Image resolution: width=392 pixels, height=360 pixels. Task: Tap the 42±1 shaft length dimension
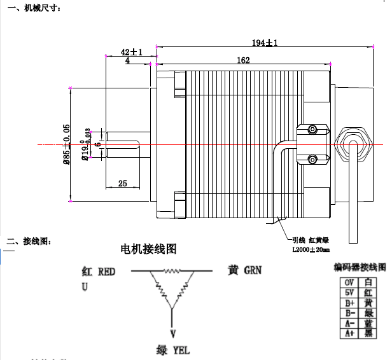click(x=131, y=52)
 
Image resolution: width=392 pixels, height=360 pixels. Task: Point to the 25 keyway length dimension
click(x=122, y=183)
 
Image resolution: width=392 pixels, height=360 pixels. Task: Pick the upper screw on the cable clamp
click(x=312, y=130)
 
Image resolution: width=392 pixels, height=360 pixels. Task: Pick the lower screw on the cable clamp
click(x=312, y=158)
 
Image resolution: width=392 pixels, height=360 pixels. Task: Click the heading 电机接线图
click(x=148, y=248)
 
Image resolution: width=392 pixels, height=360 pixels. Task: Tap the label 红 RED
click(x=98, y=272)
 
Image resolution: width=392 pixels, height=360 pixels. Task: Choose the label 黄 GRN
click(x=244, y=270)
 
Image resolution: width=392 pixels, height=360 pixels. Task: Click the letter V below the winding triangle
click(x=172, y=333)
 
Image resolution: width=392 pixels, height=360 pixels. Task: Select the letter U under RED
click(x=85, y=287)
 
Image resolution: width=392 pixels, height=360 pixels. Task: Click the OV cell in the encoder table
click(x=349, y=282)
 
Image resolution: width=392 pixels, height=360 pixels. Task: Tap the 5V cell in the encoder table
click(x=349, y=293)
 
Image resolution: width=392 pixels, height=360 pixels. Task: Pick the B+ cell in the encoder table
click(x=349, y=303)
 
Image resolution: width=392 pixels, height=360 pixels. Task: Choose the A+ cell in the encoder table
click(x=349, y=333)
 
